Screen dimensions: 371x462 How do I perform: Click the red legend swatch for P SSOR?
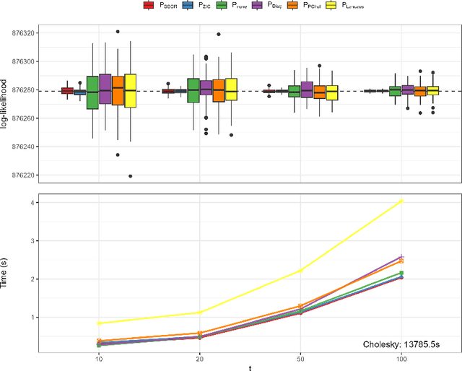[149, 6]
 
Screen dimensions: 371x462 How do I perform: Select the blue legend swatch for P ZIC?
[187, 6]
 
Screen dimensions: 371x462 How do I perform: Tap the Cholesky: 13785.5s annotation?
[401, 346]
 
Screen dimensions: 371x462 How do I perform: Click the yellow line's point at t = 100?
[402, 201]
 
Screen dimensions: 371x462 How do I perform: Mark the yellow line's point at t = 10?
[98, 323]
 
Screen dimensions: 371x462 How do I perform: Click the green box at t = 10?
[92, 92]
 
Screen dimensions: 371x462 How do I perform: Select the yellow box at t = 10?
[130, 91]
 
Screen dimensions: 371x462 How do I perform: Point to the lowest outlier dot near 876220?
[130, 175]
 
